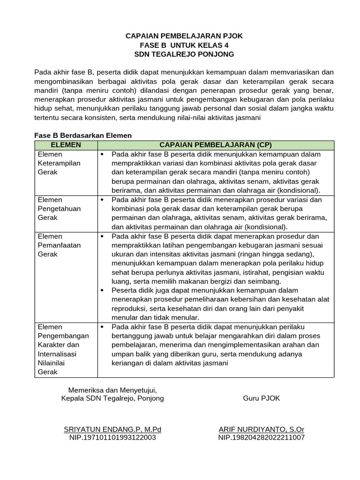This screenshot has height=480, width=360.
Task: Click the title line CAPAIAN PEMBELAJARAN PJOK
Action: [184, 36]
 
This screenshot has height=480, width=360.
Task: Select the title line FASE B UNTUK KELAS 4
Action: [184, 45]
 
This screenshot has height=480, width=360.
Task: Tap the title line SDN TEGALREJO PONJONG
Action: [184, 54]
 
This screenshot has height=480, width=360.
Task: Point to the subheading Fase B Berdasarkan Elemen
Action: [83, 135]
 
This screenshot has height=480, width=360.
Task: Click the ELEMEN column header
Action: [66, 145]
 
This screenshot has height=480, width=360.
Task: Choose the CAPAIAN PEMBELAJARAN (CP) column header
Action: [216, 145]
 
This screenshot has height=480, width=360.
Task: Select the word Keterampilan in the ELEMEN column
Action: [59, 163]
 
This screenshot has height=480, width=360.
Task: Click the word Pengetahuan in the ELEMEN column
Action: [59, 209]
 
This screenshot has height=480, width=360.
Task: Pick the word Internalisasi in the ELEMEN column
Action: [57, 354]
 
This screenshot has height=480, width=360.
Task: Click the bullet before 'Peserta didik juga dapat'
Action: [102, 291]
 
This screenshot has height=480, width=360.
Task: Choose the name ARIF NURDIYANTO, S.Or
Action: [261, 429]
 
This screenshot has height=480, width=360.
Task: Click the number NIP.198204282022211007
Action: [261, 438]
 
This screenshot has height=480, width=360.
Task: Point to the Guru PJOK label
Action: [261, 398]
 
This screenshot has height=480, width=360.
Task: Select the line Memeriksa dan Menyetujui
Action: [112, 390]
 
